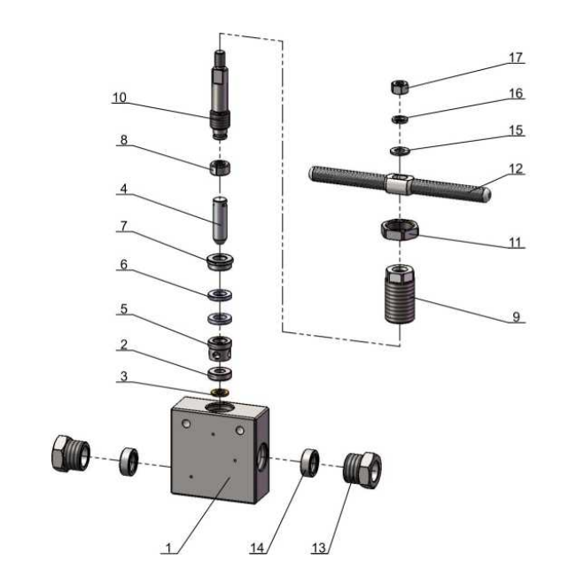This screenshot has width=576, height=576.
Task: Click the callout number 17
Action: (x=516, y=58)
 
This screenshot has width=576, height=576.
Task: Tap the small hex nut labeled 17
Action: (x=399, y=87)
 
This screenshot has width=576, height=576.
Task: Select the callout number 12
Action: (x=516, y=167)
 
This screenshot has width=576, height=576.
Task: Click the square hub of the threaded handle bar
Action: (x=399, y=185)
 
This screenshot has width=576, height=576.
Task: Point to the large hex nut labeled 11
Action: (x=399, y=230)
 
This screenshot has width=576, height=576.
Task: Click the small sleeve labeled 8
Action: (x=219, y=167)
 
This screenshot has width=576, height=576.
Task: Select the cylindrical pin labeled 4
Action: (x=219, y=216)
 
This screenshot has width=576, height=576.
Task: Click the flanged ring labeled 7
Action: (x=219, y=262)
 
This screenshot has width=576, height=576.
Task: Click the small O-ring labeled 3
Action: (x=219, y=391)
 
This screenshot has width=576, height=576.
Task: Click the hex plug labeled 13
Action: (x=363, y=466)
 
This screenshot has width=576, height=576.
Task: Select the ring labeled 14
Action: (x=309, y=462)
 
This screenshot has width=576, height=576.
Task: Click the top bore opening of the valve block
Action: (x=219, y=408)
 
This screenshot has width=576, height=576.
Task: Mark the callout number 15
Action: (x=516, y=130)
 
